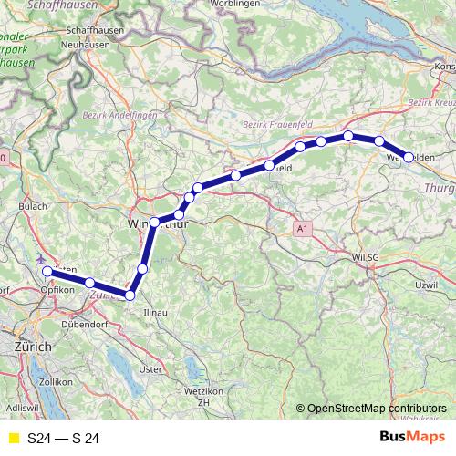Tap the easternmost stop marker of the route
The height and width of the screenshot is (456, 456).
click(409, 157)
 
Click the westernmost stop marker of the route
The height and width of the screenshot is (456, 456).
click(46, 271)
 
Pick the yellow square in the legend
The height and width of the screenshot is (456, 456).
click(13, 439)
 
